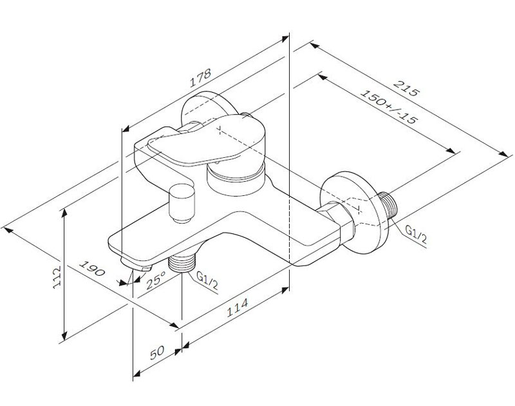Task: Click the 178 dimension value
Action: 200,77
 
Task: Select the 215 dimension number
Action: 407,88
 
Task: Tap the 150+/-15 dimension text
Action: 389,106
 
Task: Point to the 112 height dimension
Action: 57,277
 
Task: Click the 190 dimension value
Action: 92,268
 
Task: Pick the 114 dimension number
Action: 237,307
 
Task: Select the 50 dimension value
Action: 157,353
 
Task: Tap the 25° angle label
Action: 156,280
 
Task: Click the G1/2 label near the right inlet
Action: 416,235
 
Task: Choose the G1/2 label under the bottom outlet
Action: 207,280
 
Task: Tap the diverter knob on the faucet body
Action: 182,203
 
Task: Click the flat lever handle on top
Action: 206,139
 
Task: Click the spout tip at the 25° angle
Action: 136,265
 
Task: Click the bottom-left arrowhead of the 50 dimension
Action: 136,374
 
